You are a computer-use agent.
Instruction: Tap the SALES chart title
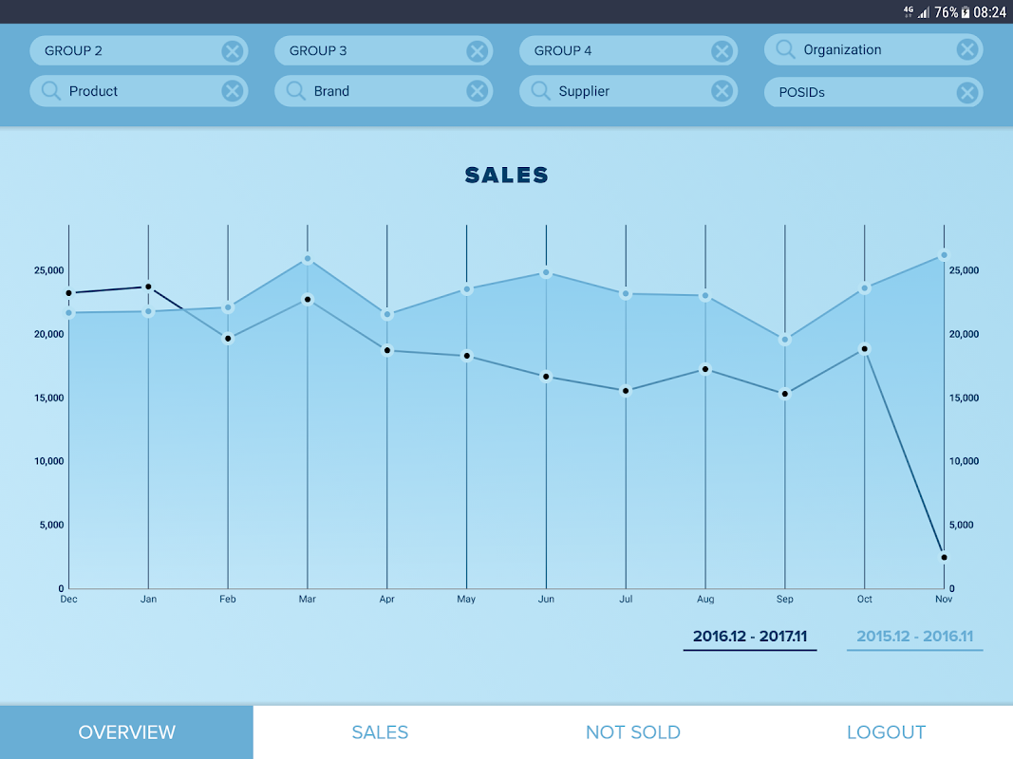[507, 176]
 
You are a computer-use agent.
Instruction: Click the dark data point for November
[944, 557]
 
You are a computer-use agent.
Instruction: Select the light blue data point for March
[308, 259]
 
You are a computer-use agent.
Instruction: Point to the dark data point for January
[148, 287]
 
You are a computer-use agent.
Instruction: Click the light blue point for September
[784, 340]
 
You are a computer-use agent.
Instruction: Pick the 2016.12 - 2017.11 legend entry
[750, 637]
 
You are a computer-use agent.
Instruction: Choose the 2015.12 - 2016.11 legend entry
[914, 637]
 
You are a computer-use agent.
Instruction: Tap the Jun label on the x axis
[546, 600]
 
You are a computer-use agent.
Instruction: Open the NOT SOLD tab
[632, 732]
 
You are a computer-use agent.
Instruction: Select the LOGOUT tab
[886, 732]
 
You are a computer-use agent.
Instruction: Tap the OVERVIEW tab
[126, 732]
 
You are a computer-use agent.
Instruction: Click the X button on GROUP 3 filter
[477, 51]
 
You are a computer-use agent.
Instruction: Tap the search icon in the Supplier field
[540, 91]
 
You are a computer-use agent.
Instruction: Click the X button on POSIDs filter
[966, 92]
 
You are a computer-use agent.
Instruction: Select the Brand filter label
[331, 91]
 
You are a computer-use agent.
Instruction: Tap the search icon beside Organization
[785, 49]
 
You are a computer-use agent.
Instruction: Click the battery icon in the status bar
[965, 12]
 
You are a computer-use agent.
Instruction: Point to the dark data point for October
[864, 349]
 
